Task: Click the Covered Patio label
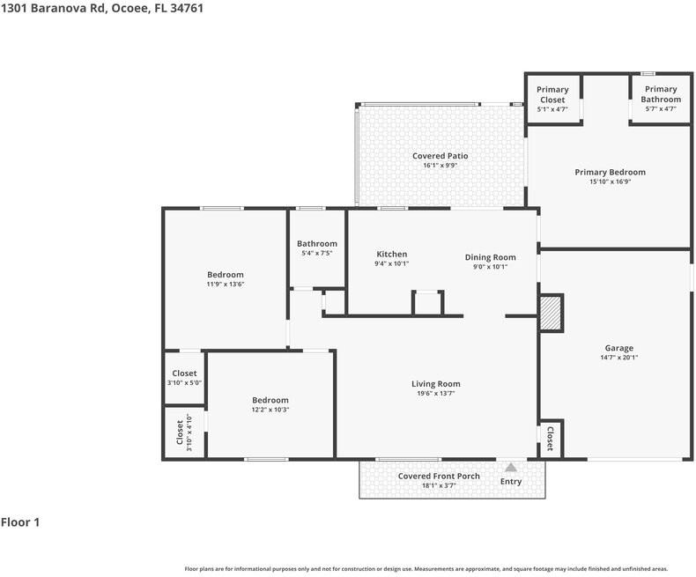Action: coord(440,156)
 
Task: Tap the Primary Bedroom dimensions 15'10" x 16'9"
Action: coord(610,182)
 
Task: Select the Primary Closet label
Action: coord(552,94)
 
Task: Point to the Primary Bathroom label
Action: coord(660,94)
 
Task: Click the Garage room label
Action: coord(618,348)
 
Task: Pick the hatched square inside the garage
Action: coord(551,313)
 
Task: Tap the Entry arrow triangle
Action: coord(510,467)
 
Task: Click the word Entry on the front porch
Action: coord(510,482)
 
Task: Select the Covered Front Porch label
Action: coord(439,477)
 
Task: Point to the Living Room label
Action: coord(435,383)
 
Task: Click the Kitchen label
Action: coord(391,255)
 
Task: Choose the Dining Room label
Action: coord(490,257)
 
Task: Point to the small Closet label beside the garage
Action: coord(550,438)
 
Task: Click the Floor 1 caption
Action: coord(20,522)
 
